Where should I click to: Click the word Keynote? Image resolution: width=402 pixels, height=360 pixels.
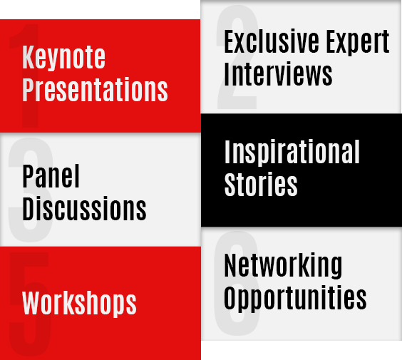click(63, 58)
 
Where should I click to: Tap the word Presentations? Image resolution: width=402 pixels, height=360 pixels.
click(95, 90)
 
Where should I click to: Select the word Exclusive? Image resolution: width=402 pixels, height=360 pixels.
click(272, 41)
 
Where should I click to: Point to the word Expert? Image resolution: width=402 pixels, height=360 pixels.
click(358, 42)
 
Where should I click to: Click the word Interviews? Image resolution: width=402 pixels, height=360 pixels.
click(278, 73)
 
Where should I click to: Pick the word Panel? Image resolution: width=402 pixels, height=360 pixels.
click(51, 176)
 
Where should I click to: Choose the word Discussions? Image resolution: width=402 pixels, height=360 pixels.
click(84, 208)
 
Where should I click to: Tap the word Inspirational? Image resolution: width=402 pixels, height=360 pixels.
click(292, 153)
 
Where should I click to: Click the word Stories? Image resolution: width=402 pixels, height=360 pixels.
click(261, 184)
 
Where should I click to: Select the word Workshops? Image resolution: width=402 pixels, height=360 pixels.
click(79, 304)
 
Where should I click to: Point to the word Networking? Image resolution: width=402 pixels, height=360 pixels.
click(283, 266)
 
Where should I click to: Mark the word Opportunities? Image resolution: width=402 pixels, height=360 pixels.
click(295, 298)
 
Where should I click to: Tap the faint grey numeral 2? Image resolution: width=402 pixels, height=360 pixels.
click(237, 57)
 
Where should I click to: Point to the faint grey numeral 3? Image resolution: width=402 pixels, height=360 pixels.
click(31, 190)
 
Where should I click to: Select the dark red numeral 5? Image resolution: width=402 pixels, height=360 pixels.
click(29, 304)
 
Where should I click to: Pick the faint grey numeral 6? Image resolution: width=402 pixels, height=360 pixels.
click(237, 283)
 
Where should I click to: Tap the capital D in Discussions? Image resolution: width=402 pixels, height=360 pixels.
click(29, 208)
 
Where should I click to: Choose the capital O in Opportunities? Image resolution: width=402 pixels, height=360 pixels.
click(230, 297)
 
